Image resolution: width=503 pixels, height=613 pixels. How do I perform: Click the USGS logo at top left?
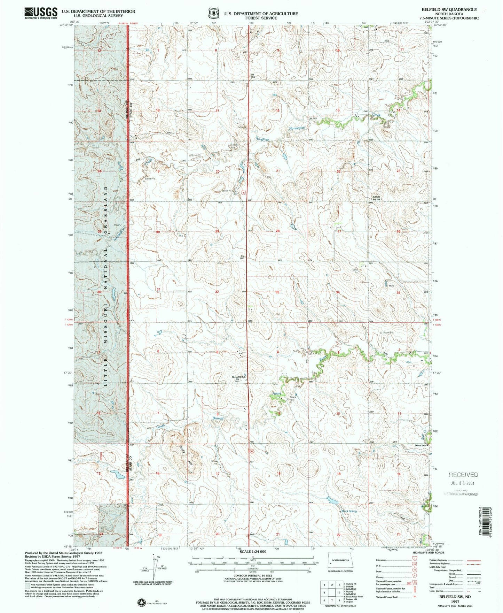pos(41,13)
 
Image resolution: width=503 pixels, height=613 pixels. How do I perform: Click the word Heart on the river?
pos(277,393)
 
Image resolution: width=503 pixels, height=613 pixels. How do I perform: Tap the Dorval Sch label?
pos(420,445)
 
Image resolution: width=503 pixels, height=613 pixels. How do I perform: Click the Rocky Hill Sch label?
pos(239,377)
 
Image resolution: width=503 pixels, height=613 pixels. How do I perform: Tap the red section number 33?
pos(277,292)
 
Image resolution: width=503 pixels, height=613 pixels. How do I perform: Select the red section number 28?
pos(278,231)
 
